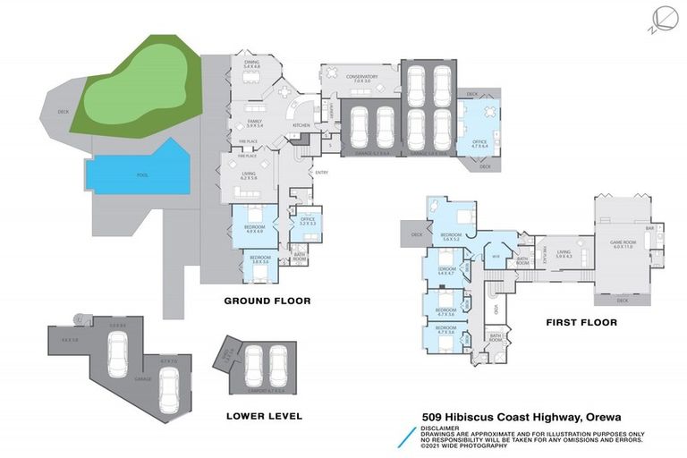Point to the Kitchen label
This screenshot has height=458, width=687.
point(301,124)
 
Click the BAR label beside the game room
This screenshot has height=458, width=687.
point(652,229)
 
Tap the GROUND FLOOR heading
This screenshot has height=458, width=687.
point(267,301)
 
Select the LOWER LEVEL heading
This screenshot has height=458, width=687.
point(264,416)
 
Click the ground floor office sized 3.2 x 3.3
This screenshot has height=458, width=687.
point(307,221)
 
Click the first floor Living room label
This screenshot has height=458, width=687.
point(563,253)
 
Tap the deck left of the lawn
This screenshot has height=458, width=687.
point(63,112)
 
